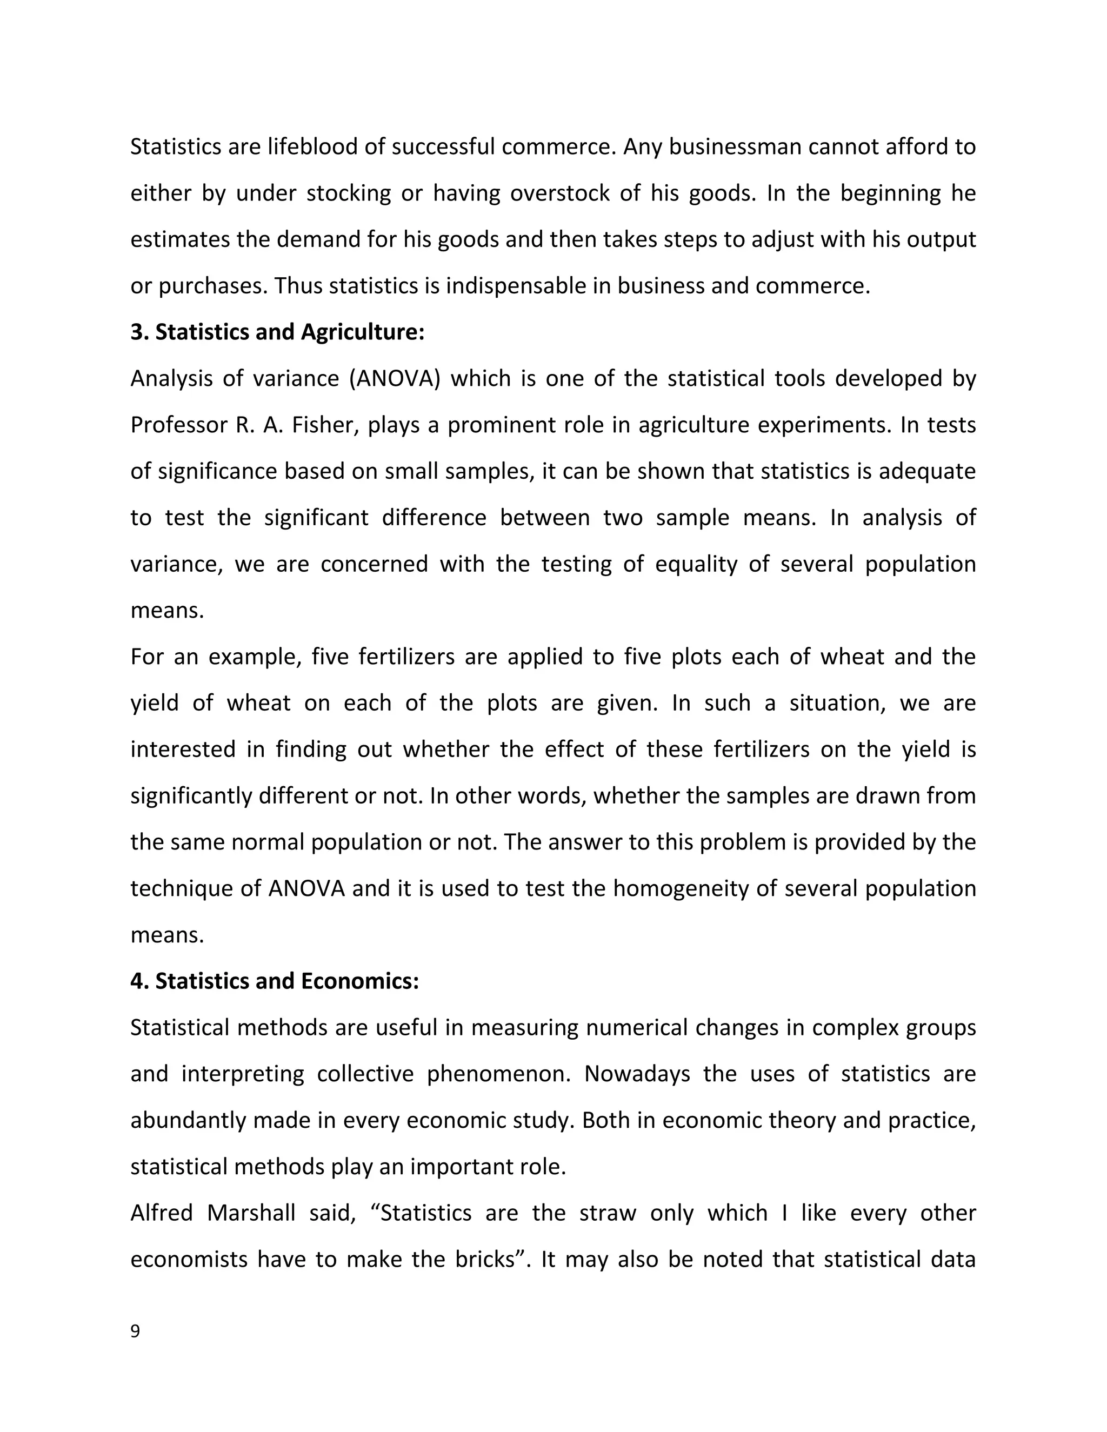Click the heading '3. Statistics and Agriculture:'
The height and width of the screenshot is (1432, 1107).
point(277,332)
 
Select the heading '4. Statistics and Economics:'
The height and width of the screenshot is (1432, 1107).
point(274,981)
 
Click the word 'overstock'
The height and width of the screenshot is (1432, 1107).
point(559,193)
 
